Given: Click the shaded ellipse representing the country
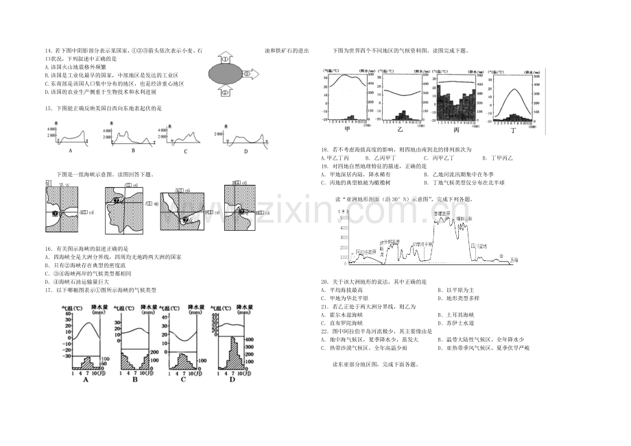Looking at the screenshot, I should [225, 73].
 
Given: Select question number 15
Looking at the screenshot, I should [47, 108].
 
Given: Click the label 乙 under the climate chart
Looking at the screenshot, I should [400, 128].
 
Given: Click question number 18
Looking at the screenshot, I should [324, 149].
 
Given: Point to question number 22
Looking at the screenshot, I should [324, 331].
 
